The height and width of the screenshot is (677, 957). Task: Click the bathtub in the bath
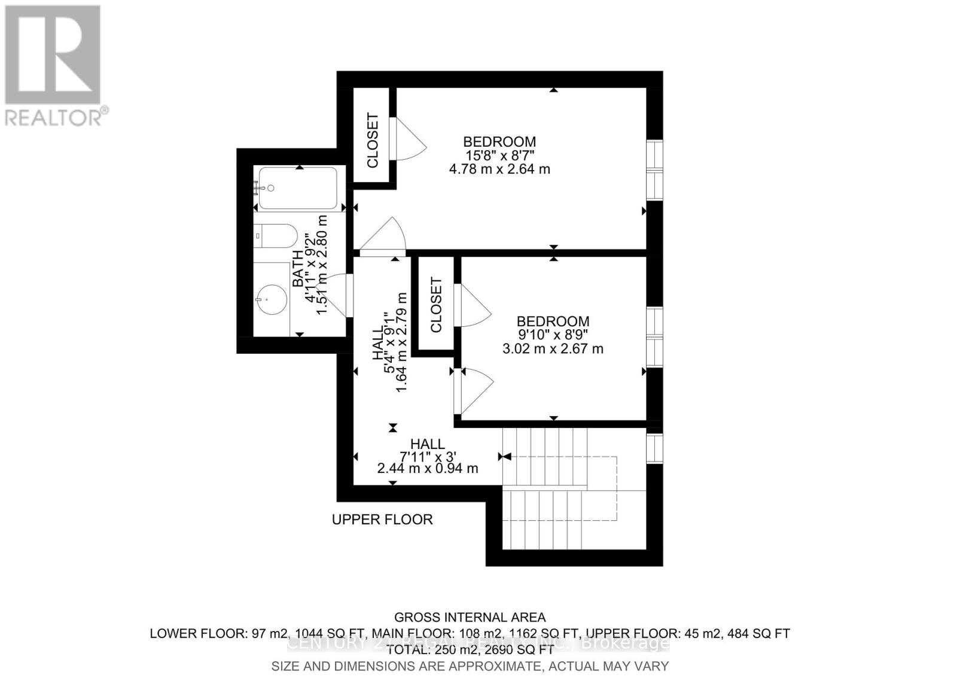tap(298, 188)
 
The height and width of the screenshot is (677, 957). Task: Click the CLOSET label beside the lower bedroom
tap(436, 305)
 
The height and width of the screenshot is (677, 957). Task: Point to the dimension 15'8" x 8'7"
tap(499, 156)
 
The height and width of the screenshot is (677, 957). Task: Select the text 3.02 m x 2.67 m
tap(553, 348)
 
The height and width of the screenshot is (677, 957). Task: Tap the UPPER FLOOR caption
tap(382, 520)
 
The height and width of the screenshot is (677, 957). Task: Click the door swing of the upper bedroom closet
tap(409, 139)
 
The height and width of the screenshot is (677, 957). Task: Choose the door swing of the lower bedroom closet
tap(473, 305)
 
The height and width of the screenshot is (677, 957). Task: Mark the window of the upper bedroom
tap(655, 171)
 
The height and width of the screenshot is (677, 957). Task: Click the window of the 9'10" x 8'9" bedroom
tap(655, 337)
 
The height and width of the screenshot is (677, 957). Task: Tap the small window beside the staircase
tap(655, 448)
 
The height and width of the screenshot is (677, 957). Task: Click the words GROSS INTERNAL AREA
tap(470, 617)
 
